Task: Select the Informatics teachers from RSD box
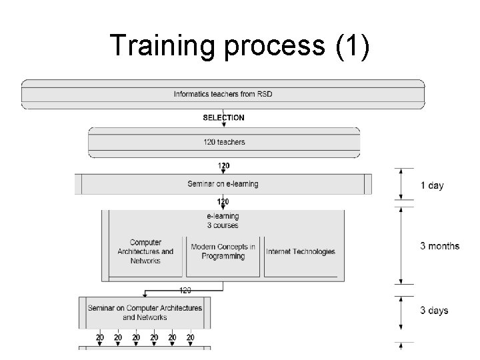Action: (x=223, y=94)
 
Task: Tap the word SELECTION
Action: (x=223, y=118)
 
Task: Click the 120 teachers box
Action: (x=223, y=142)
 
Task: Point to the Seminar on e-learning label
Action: (x=223, y=184)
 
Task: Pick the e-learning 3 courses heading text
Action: (x=223, y=221)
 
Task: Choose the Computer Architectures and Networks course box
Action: (x=145, y=251)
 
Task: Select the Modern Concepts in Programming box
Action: (x=223, y=251)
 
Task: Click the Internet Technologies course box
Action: (x=301, y=251)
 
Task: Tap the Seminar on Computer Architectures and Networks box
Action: (x=145, y=313)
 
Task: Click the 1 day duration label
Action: (x=432, y=185)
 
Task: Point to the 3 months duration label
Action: (x=439, y=246)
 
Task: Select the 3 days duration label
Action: (x=434, y=311)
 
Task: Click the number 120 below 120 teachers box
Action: (x=223, y=165)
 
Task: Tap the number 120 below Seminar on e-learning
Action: (x=223, y=201)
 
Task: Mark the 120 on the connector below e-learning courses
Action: (x=185, y=290)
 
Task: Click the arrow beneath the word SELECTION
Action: (x=223, y=126)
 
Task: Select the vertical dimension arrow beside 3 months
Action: (x=400, y=246)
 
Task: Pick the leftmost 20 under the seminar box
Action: (x=99, y=338)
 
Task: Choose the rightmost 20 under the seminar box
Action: (x=190, y=338)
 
